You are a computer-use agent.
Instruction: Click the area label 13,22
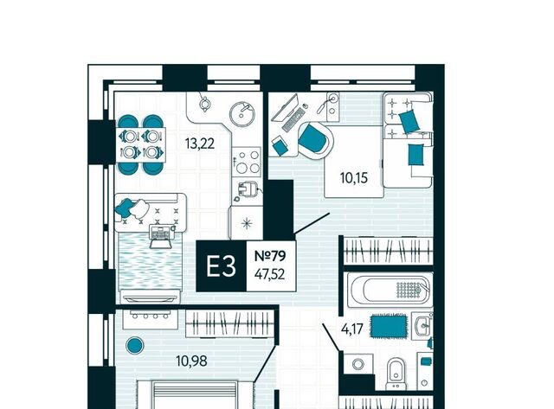(x=200, y=144)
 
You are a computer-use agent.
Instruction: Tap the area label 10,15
(x=354, y=178)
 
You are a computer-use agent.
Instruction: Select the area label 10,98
(x=191, y=361)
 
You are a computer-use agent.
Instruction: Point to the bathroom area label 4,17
(x=352, y=329)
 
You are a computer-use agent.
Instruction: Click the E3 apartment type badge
(x=222, y=266)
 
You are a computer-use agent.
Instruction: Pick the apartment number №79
(x=270, y=256)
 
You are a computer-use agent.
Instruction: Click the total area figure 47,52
(x=269, y=274)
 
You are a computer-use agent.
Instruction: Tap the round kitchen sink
(x=242, y=113)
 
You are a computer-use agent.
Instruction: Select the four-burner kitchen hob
(x=247, y=162)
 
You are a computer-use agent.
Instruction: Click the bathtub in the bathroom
(x=389, y=290)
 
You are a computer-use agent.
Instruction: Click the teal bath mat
(x=389, y=326)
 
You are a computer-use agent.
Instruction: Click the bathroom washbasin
(x=422, y=326)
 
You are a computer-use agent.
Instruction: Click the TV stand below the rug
(x=150, y=297)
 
